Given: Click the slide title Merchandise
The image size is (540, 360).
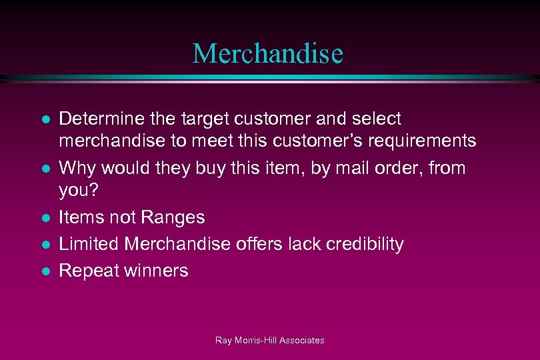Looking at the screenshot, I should (x=268, y=53).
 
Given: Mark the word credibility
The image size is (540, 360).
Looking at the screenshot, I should (x=365, y=244).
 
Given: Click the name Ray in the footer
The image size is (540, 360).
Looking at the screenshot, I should (x=223, y=341).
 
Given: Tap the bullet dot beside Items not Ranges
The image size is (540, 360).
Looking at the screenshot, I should (x=44, y=218).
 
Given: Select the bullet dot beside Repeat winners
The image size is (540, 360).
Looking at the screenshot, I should (x=44, y=271).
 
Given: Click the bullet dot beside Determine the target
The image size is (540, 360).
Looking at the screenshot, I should (x=44, y=120).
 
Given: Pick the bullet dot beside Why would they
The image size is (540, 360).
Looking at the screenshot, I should (x=44, y=169).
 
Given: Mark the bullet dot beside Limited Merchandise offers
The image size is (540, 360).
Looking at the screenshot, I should (x=44, y=245).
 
